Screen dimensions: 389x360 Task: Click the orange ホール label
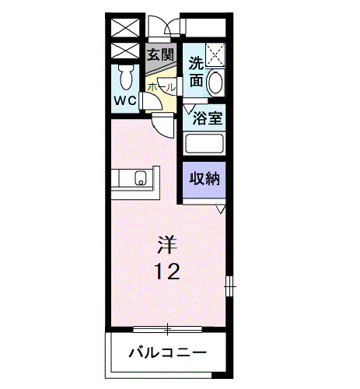click(x=160, y=88)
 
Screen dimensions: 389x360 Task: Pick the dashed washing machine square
click(x=215, y=54)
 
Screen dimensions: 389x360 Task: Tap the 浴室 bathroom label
click(x=207, y=120)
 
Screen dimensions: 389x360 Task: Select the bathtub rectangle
click(x=204, y=145)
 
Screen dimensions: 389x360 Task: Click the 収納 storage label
click(x=204, y=178)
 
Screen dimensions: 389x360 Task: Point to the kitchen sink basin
click(x=141, y=180)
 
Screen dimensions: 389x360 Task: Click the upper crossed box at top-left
click(x=124, y=26)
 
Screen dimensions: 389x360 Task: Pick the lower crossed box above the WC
click(x=124, y=52)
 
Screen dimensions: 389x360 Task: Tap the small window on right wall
click(x=229, y=286)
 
